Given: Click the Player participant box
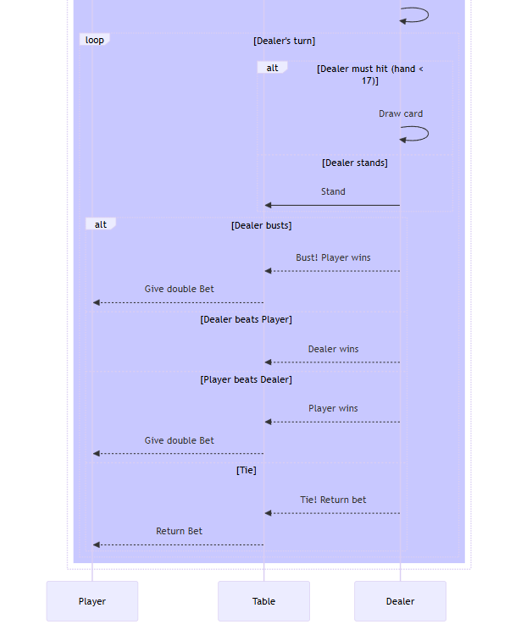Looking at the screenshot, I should [91, 601].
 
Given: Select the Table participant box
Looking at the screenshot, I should [263, 601].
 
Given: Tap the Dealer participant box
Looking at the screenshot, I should [400, 601].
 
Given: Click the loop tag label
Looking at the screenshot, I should [94, 40].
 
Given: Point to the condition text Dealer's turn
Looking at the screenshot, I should [284, 41].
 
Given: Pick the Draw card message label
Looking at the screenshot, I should [401, 113].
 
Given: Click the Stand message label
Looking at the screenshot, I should [333, 191].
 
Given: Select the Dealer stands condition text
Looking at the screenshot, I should [354, 163].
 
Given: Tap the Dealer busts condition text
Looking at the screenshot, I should [261, 225].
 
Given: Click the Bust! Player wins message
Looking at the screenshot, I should [333, 257].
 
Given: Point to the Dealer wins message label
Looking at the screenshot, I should [333, 349].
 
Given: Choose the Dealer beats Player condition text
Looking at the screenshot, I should [246, 319].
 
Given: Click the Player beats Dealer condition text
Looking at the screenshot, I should [246, 379].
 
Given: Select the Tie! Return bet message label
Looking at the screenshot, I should [333, 500].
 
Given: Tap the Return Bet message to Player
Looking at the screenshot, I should [179, 531].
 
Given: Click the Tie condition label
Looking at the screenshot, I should [246, 470].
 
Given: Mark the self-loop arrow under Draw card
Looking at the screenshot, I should [415, 134].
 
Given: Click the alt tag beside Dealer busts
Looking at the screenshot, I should [101, 224].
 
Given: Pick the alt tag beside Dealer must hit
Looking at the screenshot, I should [272, 68].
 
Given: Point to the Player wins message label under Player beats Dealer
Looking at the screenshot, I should [333, 408].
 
